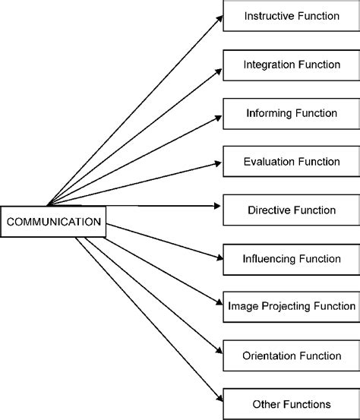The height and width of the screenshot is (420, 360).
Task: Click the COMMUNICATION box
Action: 53,222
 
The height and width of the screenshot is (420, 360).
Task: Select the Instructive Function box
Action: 291,16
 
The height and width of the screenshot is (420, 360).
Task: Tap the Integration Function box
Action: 291,65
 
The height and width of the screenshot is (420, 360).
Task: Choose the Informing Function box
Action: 291,113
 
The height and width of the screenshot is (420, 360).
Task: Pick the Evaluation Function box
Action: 291,162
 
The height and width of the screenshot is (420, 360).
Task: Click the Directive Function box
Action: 291,210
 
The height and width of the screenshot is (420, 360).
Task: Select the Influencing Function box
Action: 291,258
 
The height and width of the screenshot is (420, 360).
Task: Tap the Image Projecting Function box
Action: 291,307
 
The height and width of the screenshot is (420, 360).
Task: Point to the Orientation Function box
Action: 291,355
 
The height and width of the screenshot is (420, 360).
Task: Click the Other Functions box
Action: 291,404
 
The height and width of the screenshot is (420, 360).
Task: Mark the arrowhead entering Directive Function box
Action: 218,206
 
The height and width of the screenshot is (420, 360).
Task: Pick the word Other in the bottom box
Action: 266,404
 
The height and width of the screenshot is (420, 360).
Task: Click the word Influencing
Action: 268,258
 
